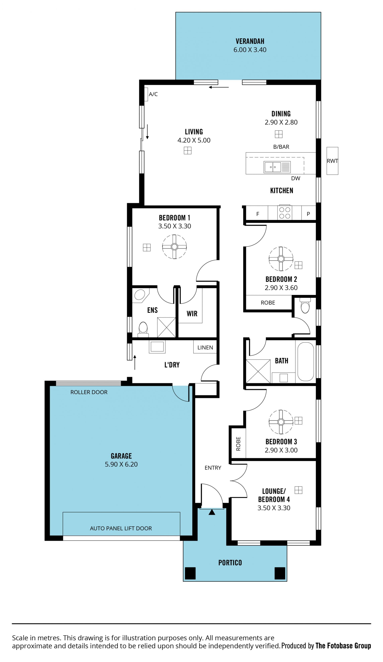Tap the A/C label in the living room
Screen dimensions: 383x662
tap(153, 94)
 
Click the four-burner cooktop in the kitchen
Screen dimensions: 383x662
tap(284, 212)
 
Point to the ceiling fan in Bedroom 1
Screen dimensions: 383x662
tap(174, 247)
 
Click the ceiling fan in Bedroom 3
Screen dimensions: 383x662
tap(281, 422)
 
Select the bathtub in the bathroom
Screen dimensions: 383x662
tap(305, 361)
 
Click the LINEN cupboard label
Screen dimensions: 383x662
tap(205, 348)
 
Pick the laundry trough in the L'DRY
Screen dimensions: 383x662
tap(157, 347)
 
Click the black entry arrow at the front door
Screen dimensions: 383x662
tap(212, 512)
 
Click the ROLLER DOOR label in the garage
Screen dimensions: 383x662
tap(89, 392)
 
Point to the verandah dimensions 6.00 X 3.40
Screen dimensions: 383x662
tap(250, 50)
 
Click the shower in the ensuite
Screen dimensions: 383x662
tap(166, 327)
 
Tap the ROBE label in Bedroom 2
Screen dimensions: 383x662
tap(268, 303)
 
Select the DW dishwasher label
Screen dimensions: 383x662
tap(295, 178)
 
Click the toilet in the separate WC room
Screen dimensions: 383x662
tap(305, 305)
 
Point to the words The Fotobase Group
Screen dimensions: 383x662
tap(343, 645)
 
